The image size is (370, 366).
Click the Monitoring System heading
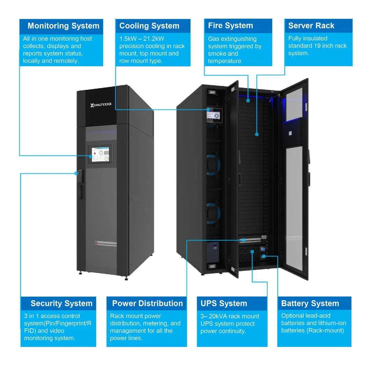click(63, 26)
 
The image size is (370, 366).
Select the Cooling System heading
click(149, 26)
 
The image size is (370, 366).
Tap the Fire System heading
click(230, 25)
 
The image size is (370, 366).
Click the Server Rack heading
click(311, 25)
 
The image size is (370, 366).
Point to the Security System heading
click(61, 303)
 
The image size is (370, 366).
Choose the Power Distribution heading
click(147, 303)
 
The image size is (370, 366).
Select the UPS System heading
click(224, 303)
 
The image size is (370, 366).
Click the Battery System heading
click(310, 303)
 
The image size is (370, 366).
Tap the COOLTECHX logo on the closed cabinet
click(101, 105)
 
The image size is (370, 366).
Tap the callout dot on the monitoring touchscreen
click(90, 156)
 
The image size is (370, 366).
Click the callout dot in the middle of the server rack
click(257, 134)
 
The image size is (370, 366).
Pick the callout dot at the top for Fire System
click(248, 100)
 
